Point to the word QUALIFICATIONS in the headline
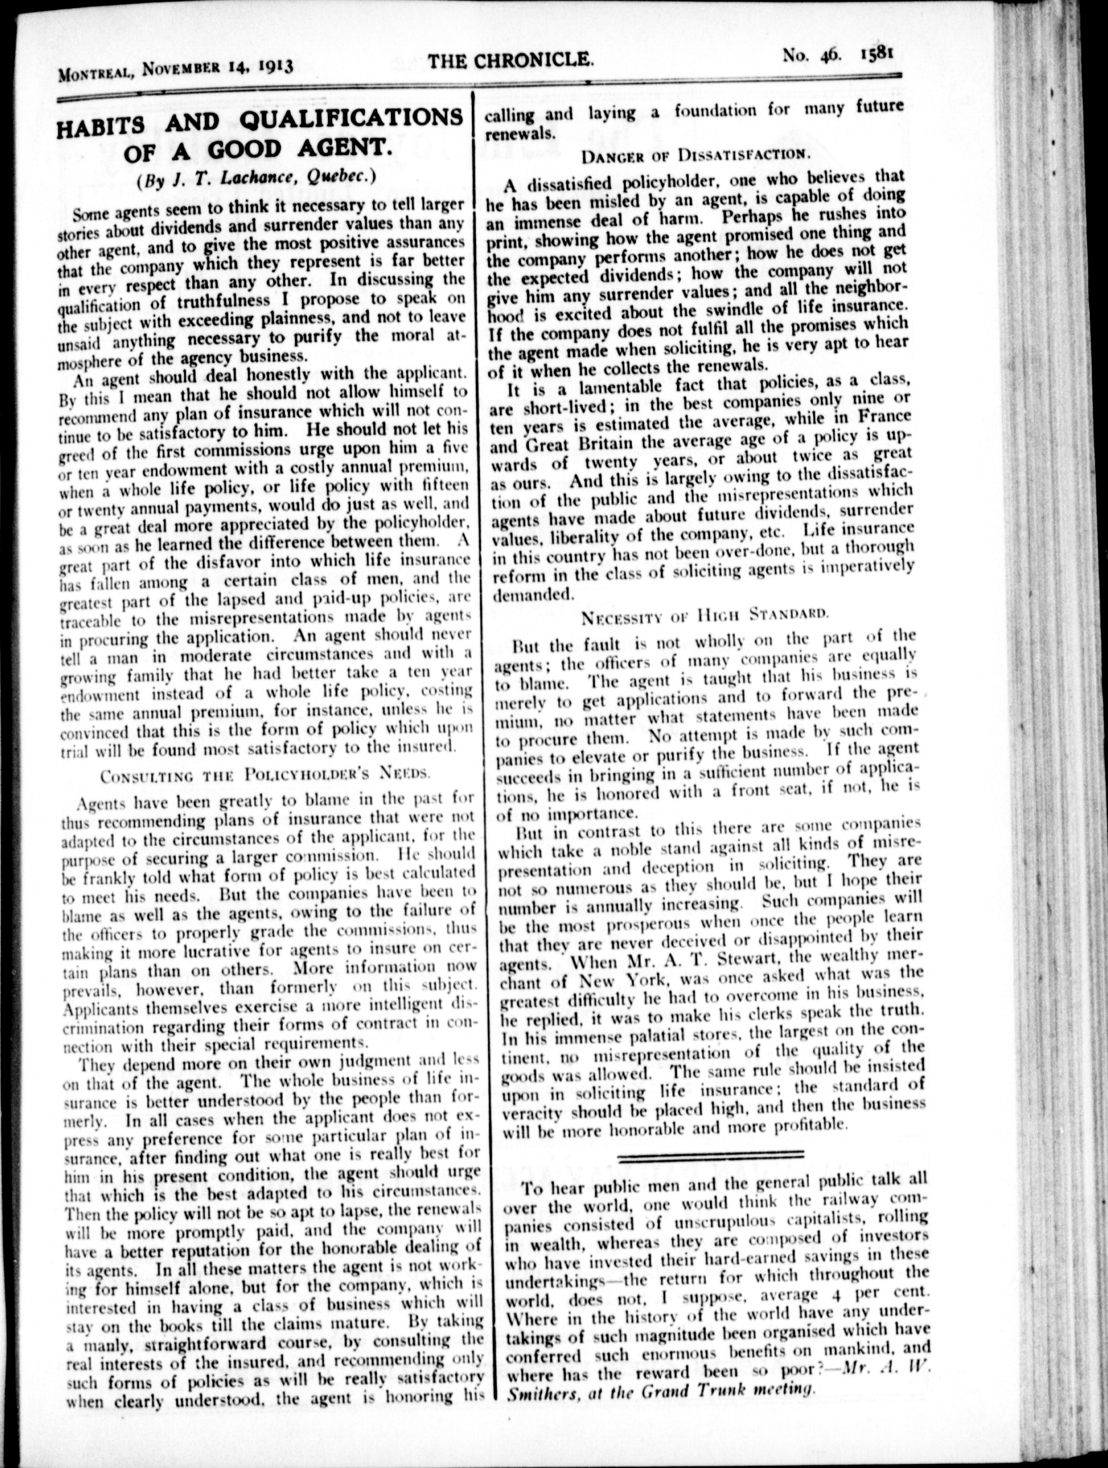pyautogui.click(x=349, y=119)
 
